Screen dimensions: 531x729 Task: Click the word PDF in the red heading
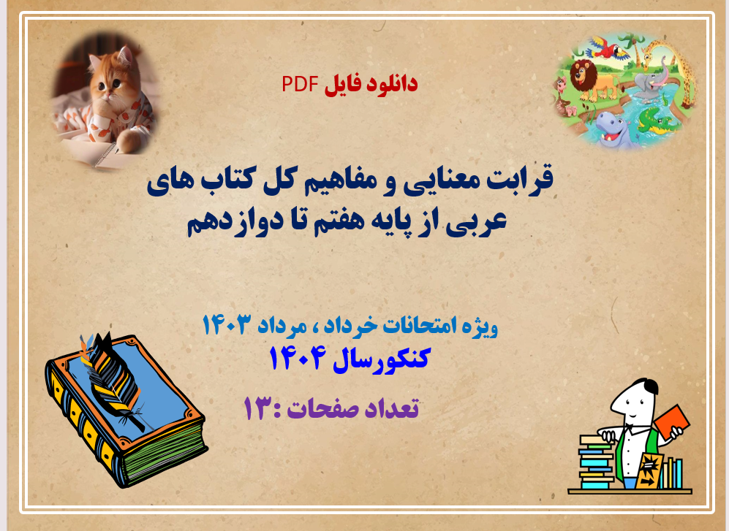298,84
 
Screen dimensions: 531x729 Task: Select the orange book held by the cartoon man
672,420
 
